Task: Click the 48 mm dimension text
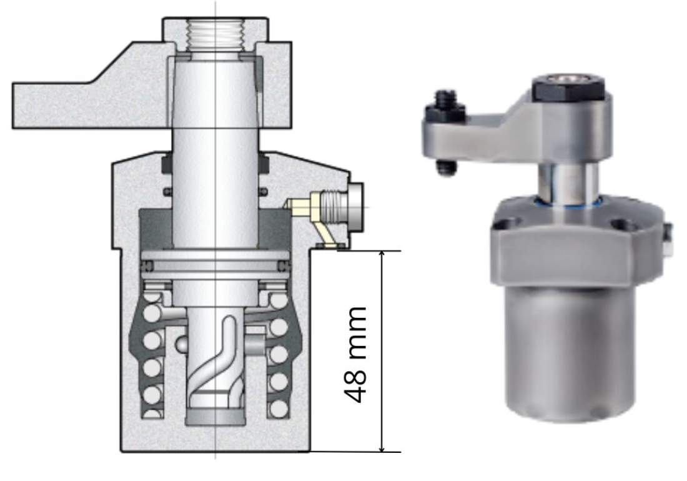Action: (x=355, y=355)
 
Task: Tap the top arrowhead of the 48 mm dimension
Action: (x=382, y=255)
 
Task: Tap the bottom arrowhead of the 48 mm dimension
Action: (x=382, y=447)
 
